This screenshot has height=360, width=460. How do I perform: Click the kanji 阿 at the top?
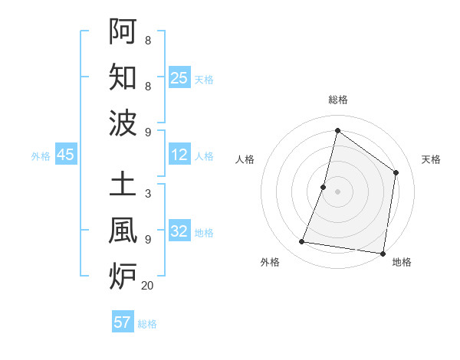coord(123,31)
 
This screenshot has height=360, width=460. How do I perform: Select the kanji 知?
coord(123,78)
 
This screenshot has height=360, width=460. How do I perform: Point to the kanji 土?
coord(123,184)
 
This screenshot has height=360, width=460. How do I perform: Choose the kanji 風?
coord(123,231)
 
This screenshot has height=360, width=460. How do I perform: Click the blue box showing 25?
coord(179,78)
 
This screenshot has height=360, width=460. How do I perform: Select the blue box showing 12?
coord(179,155)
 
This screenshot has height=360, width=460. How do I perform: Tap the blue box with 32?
coord(179,232)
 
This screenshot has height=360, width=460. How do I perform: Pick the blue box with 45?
coord(65,155)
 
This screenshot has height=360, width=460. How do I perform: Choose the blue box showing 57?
coord(123,322)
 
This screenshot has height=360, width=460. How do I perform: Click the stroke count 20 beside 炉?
coord(147,286)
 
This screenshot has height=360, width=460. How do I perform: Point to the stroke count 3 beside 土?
coord(147,193)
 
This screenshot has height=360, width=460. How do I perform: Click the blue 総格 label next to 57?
coord(147,324)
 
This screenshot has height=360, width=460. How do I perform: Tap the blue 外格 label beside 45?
coord(41,156)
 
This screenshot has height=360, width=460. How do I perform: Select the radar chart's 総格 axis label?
coord(337,100)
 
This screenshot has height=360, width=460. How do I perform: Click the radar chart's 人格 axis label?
coord(245,159)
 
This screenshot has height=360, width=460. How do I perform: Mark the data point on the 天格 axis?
coord(396,172)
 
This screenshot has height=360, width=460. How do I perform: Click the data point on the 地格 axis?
coord(383,254)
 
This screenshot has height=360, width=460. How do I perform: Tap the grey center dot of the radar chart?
coord(337,191)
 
